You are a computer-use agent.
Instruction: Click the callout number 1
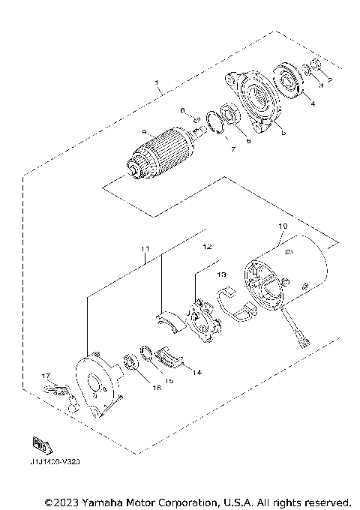point(157,80)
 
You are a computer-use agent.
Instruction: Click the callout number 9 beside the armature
point(143,133)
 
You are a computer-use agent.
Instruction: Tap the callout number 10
point(283,225)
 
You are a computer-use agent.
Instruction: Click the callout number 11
point(145,248)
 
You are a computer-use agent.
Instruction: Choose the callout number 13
point(221,275)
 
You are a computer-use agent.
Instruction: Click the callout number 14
point(198,371)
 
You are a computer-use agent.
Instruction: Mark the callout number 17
point(45,376)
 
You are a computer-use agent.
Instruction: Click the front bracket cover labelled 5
point(255,101)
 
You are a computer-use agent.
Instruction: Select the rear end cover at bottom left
point(98,386)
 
